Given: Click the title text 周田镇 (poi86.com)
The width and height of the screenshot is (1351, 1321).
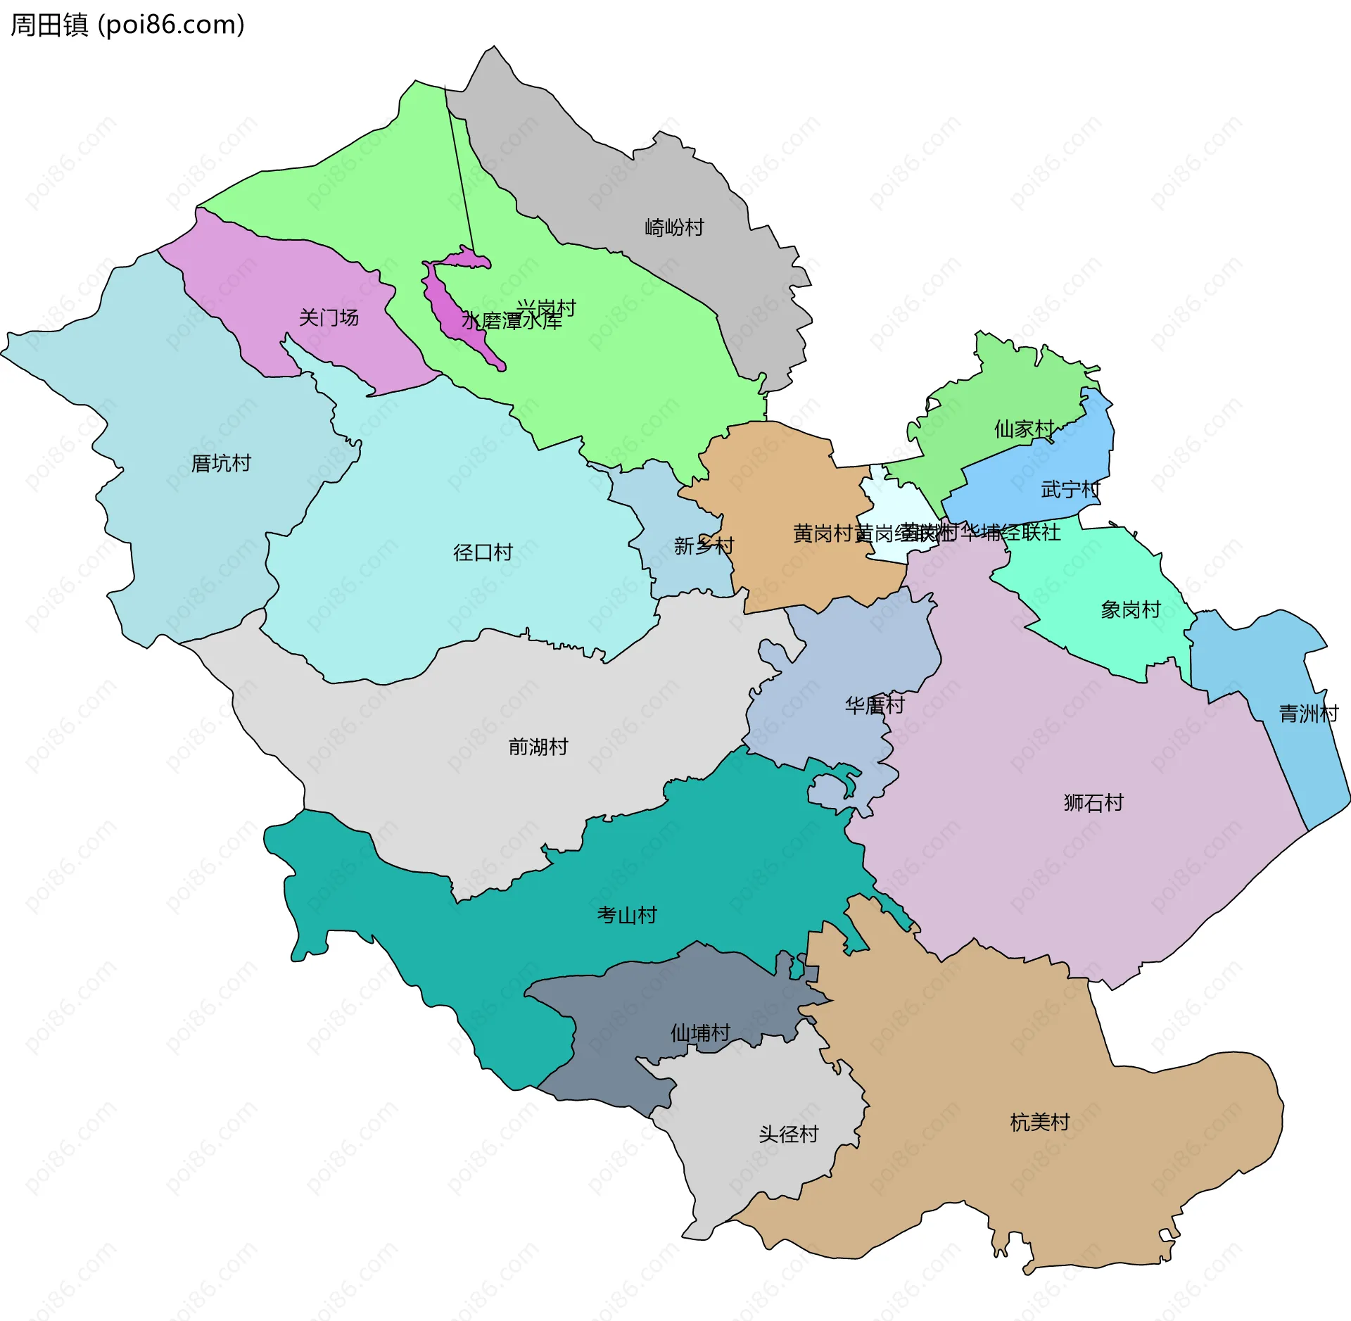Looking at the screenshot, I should pos(127,25).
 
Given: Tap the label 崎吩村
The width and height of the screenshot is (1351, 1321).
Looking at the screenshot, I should pos(674,228).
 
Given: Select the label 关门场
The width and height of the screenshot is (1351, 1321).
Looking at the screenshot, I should pos(329,318).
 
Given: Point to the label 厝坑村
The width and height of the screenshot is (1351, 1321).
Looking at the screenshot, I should pos(221,464).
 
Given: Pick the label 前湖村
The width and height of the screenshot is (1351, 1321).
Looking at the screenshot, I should pos(538,747).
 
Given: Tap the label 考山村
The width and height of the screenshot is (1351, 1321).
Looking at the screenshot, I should pos(627,916).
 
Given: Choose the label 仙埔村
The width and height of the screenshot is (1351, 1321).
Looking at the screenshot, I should pos(700,1034).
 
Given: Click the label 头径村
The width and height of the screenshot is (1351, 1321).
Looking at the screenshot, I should pos(789,1134).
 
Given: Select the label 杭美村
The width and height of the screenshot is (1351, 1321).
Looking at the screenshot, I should pos(1040,1123).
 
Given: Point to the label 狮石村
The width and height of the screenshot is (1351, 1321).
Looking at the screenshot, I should pos(1093,803).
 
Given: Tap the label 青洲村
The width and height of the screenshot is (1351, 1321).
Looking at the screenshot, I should pos(1308,714).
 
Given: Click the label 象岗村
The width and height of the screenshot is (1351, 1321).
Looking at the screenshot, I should pos(1131,610).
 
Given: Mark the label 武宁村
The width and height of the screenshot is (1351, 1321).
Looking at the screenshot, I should pos(1070,490).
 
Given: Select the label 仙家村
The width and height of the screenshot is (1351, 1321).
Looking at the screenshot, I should pos(1024,429).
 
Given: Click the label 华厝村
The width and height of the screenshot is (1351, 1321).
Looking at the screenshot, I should pos(875,705).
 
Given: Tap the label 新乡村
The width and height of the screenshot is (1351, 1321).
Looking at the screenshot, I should pos(704,546).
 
